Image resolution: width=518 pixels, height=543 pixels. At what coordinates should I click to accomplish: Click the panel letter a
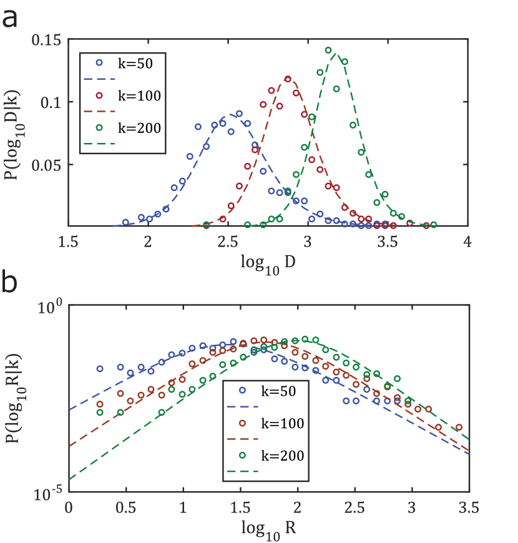(x=10, y=19)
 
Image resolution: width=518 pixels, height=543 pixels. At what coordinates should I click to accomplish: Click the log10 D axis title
(x=268, y=263)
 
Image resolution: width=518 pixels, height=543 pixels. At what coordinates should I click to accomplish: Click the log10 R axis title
(x=268, y=528)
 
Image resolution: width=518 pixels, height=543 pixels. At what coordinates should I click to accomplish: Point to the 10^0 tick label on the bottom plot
(x=50, y=306)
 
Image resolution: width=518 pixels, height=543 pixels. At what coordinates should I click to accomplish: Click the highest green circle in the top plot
(x=328, y=51)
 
